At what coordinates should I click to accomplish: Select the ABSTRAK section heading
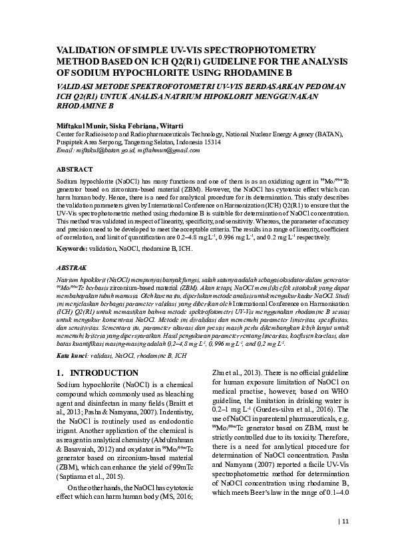click(x=70, y=267)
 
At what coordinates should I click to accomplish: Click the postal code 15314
click(x=211, y=142)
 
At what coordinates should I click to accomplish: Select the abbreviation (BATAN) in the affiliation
click(x=326, y=134)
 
